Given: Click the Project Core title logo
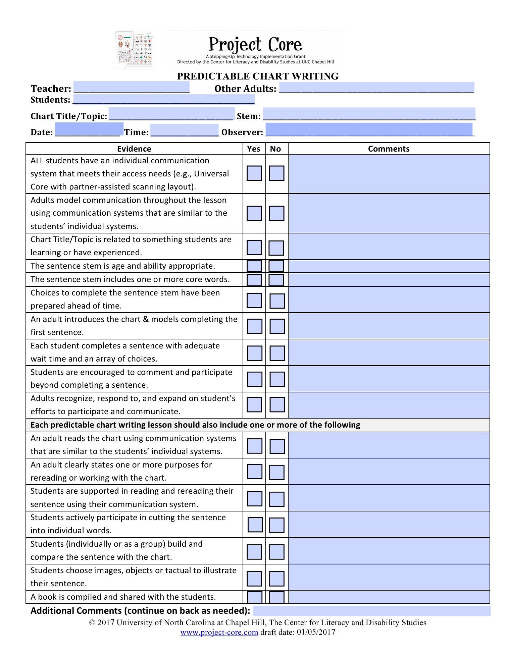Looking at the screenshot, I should pyautogui.click(x=255, y=50).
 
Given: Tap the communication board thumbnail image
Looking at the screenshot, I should pyautogui.click(x=134, y=50).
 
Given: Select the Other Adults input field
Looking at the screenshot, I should pyautogui.click(x=376, y=87).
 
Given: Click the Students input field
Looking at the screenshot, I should pyautogui.click(x=164, y=99).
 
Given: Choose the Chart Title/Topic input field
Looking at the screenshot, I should pyautogui.click(x=171, y=113).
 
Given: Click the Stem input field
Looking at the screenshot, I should pyautogui.click(x=369, y=113).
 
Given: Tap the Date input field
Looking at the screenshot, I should pyautogui.click(x=89, y=129).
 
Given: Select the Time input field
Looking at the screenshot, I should pyautogui.click(x=185, y=130).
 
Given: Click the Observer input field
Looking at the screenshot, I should pyautogui.click(x=369, y=129).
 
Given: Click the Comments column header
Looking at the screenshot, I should pyautogui.click(x=389, y=149).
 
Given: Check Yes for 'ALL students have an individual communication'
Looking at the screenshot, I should pyautogui.click(x=254, y=173).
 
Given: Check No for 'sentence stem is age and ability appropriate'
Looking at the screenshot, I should pyautogui.click(x=276, y=266).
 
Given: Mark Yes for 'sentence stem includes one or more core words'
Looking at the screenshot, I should pyautogui.click(x=254, y=280).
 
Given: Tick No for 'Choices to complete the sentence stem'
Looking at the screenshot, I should pyautogui.click(x=277, y=301).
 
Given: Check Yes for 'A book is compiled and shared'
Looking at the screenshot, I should pyautogui.click(x=255, y=597).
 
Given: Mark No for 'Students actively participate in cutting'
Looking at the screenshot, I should pyautogui.click(x=277, y=525).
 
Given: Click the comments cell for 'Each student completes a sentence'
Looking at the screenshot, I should pyautogui.click(x=389, y=352).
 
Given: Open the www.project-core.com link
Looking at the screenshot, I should pyautogui.click(x=219, y=632).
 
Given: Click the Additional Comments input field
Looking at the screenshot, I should pyautogui.click(x=371, y=611).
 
